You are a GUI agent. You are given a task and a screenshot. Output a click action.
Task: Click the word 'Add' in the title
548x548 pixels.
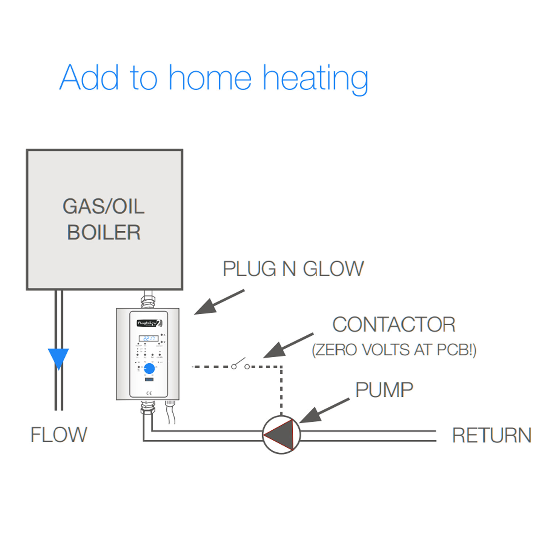(89, 77)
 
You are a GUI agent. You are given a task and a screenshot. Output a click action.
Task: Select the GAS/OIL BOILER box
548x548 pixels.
(104, 220)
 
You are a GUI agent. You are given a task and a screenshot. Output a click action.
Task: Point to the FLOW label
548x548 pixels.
(59, 434)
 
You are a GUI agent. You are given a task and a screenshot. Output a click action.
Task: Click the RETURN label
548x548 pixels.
(491, 435)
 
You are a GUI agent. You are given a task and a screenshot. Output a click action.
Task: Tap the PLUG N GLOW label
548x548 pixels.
(293, 269)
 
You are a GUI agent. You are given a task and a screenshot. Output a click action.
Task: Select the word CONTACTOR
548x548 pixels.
(394, 324)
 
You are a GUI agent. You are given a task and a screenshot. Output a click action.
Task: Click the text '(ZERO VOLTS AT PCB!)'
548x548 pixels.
(394, 350)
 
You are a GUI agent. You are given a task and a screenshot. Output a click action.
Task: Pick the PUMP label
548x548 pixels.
(384, 390)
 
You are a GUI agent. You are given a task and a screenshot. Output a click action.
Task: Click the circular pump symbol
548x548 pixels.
(281, 435)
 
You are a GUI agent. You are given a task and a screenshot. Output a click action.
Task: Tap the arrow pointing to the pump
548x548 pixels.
(324, 411)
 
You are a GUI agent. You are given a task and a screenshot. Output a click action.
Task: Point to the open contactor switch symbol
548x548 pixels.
(240, 365)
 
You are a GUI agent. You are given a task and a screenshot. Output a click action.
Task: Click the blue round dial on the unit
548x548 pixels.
(149, 368)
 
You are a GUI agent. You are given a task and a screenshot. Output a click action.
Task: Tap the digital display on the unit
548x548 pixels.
(148, 338)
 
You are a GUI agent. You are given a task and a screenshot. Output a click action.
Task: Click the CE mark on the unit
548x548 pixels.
(149, 393)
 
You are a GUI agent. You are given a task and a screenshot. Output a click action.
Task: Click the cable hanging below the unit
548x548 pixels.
(171, 413)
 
